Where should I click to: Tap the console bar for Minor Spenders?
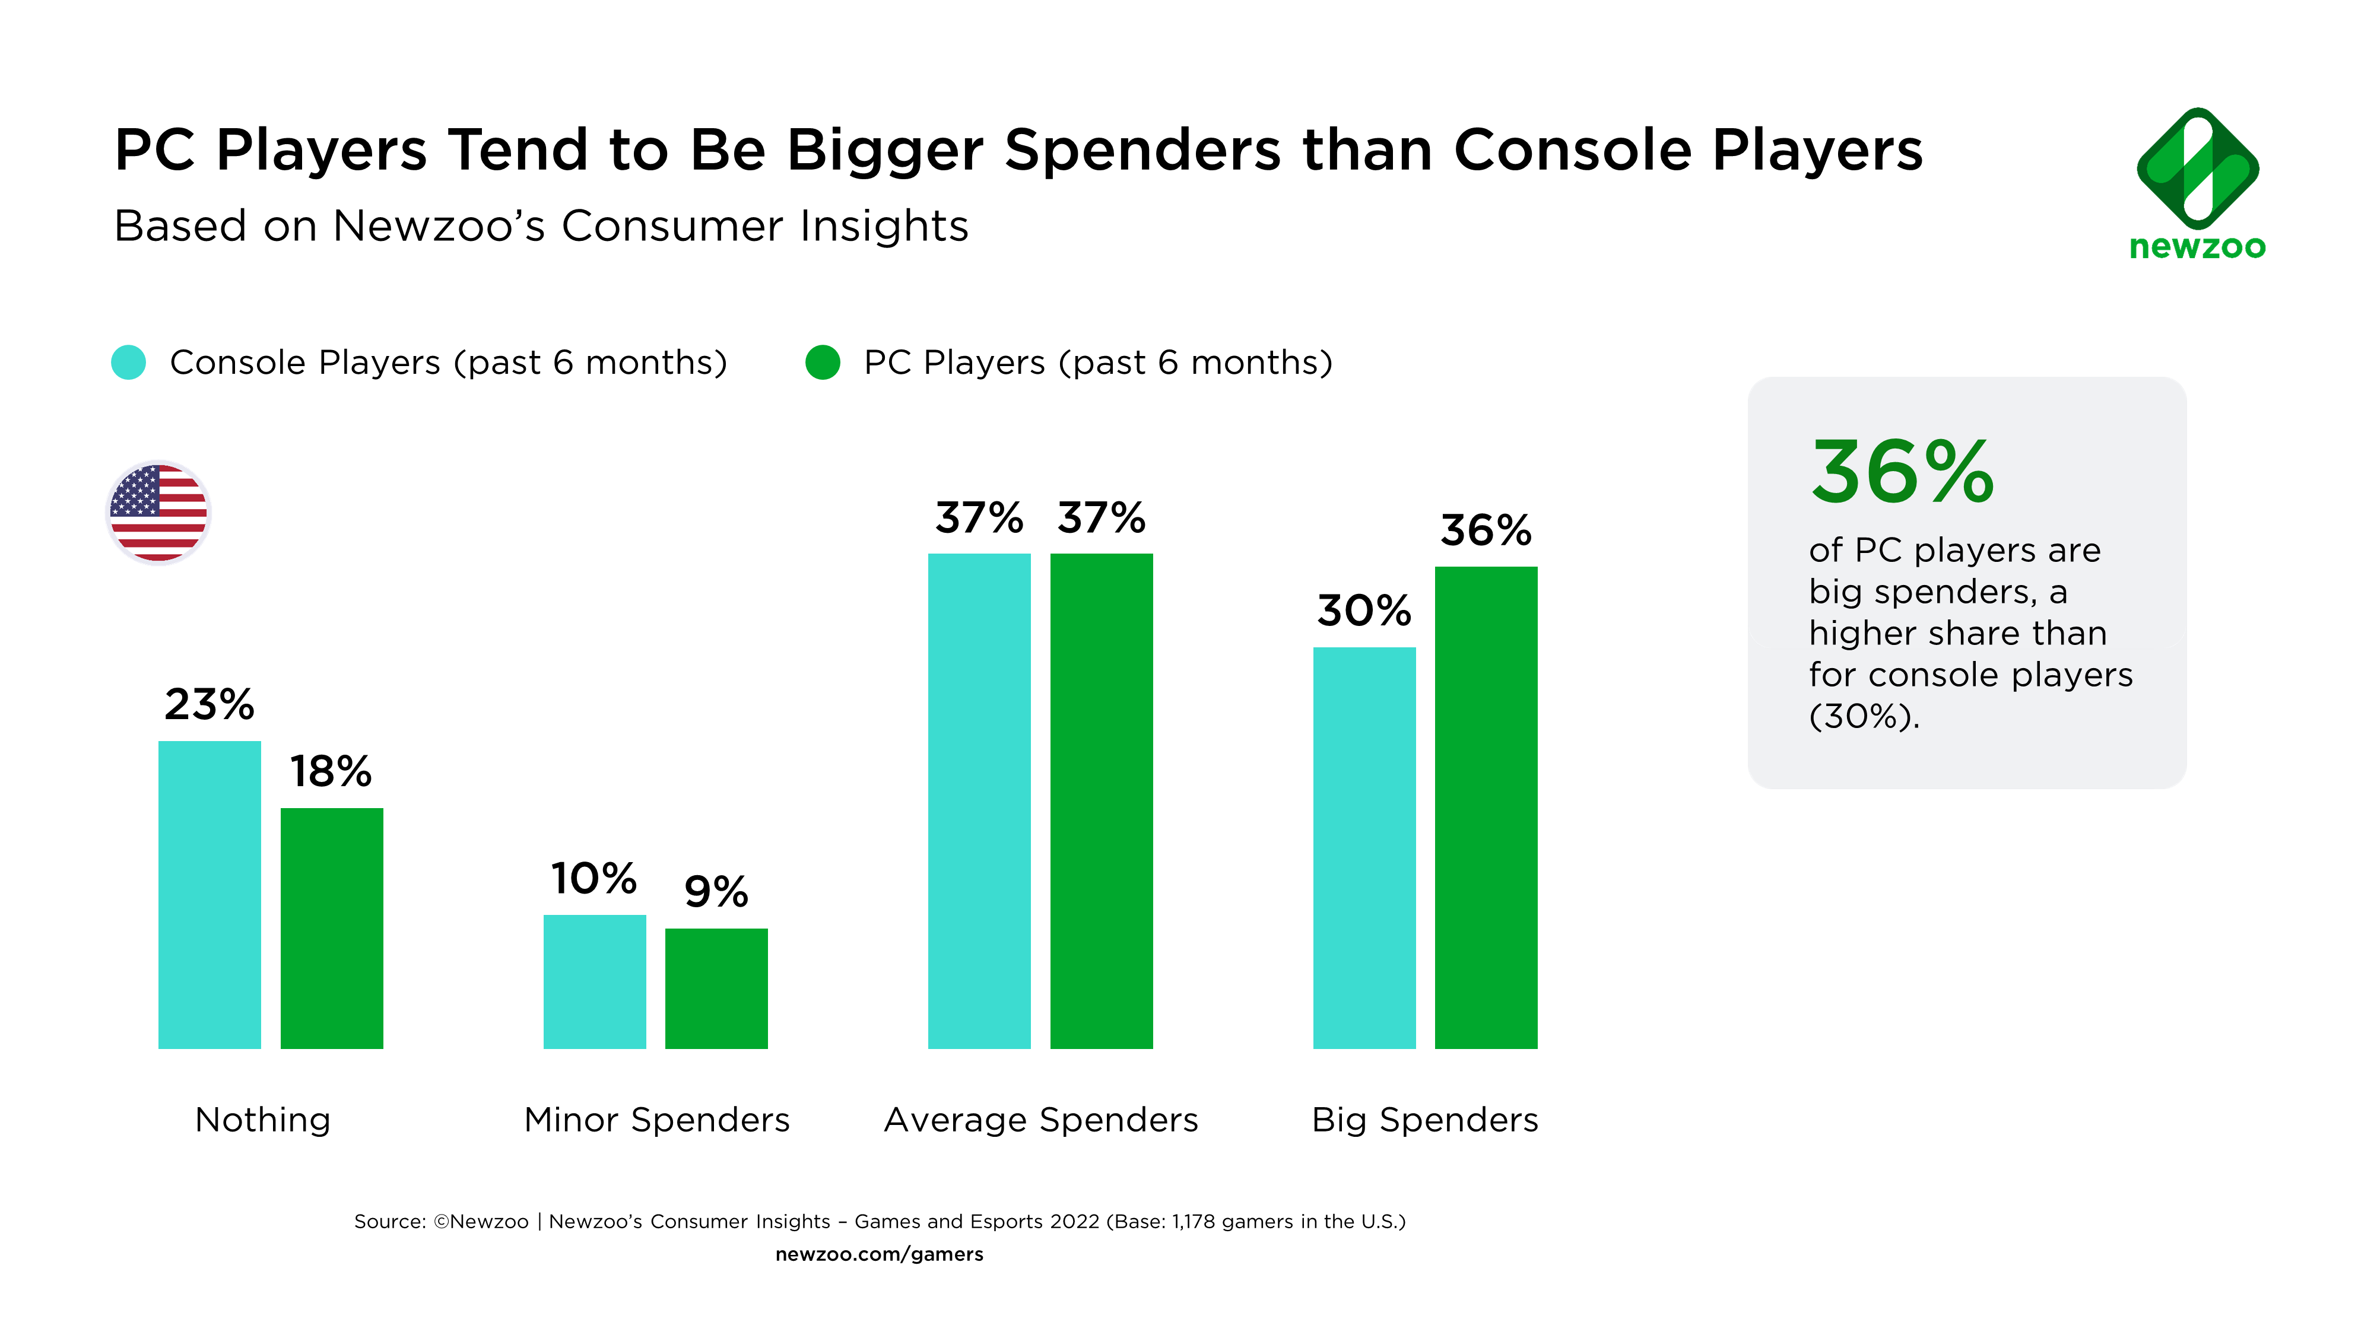tap(595, 981)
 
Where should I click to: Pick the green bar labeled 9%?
tap(716, 988)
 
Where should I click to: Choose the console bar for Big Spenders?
tap(1364, 848)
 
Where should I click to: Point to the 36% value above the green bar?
tap(1486, 530)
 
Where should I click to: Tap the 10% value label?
tap(595, 878)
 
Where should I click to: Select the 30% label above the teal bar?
tap(1364, 610)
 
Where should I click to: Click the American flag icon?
tap(158, 512)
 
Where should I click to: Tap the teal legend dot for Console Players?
tap(128, 362)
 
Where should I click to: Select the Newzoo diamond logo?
tap(2197, 169)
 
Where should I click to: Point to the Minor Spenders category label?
tap(656, 1120)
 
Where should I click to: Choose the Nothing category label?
tap(263, 1120)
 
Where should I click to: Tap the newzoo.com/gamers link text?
tap(879, 1254)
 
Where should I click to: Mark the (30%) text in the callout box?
tap(1864, 716)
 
